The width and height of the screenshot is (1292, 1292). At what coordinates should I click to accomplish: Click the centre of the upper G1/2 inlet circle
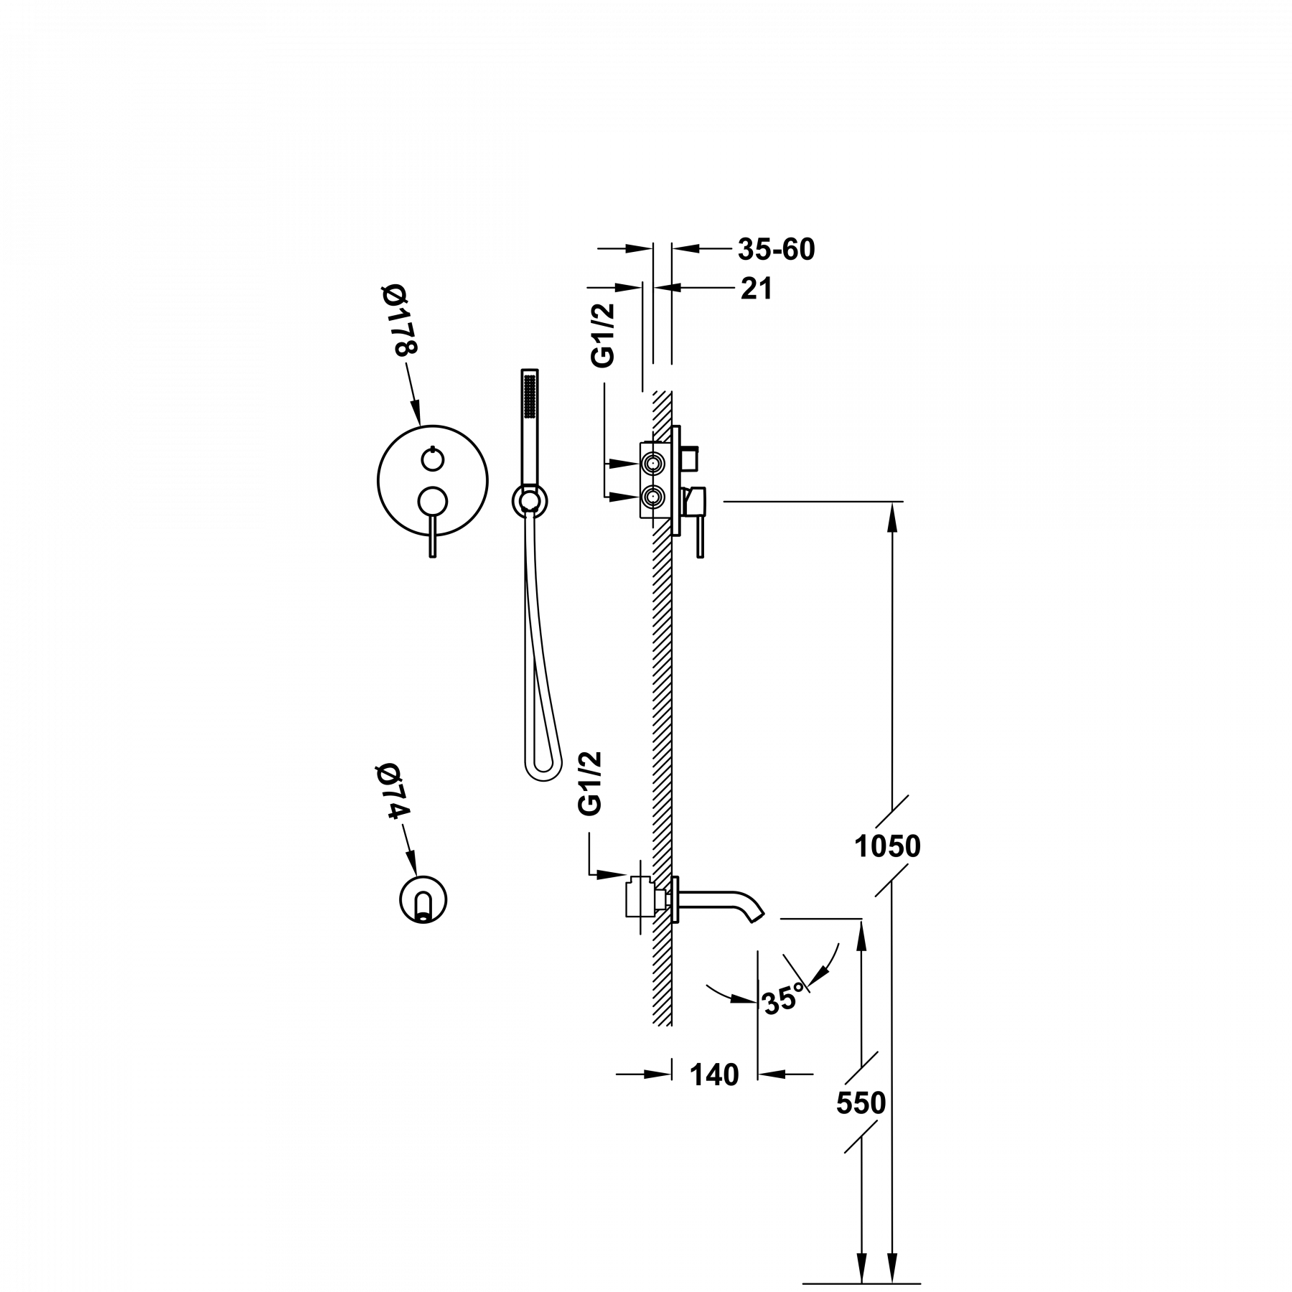click(x=653, y=464)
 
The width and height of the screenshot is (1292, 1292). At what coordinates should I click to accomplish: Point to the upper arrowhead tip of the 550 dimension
click(x=861, y=919)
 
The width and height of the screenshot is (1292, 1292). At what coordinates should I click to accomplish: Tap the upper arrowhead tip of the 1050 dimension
click(x=892, y=502)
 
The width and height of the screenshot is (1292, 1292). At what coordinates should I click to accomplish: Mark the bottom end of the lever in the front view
click(x=432, y=557)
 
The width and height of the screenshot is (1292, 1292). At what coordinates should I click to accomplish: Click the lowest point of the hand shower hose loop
click(x=543, y=780)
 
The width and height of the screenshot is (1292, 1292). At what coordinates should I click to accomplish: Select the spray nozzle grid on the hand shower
click(x=530, y=395)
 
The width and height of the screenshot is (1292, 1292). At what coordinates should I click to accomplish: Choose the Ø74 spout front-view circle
click(x=422, y=899)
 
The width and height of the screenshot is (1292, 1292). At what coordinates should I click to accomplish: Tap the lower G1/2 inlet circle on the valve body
click(x=653, y=496)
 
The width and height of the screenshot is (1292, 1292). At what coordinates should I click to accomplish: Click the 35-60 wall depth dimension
click(x=777, y=249)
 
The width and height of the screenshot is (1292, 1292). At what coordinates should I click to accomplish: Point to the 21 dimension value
click(x=757, y=289)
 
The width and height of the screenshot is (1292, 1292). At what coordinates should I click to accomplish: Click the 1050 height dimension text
click(x=887, y=847)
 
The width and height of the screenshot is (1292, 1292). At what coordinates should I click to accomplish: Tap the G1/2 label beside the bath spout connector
click(x=589, y=784)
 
